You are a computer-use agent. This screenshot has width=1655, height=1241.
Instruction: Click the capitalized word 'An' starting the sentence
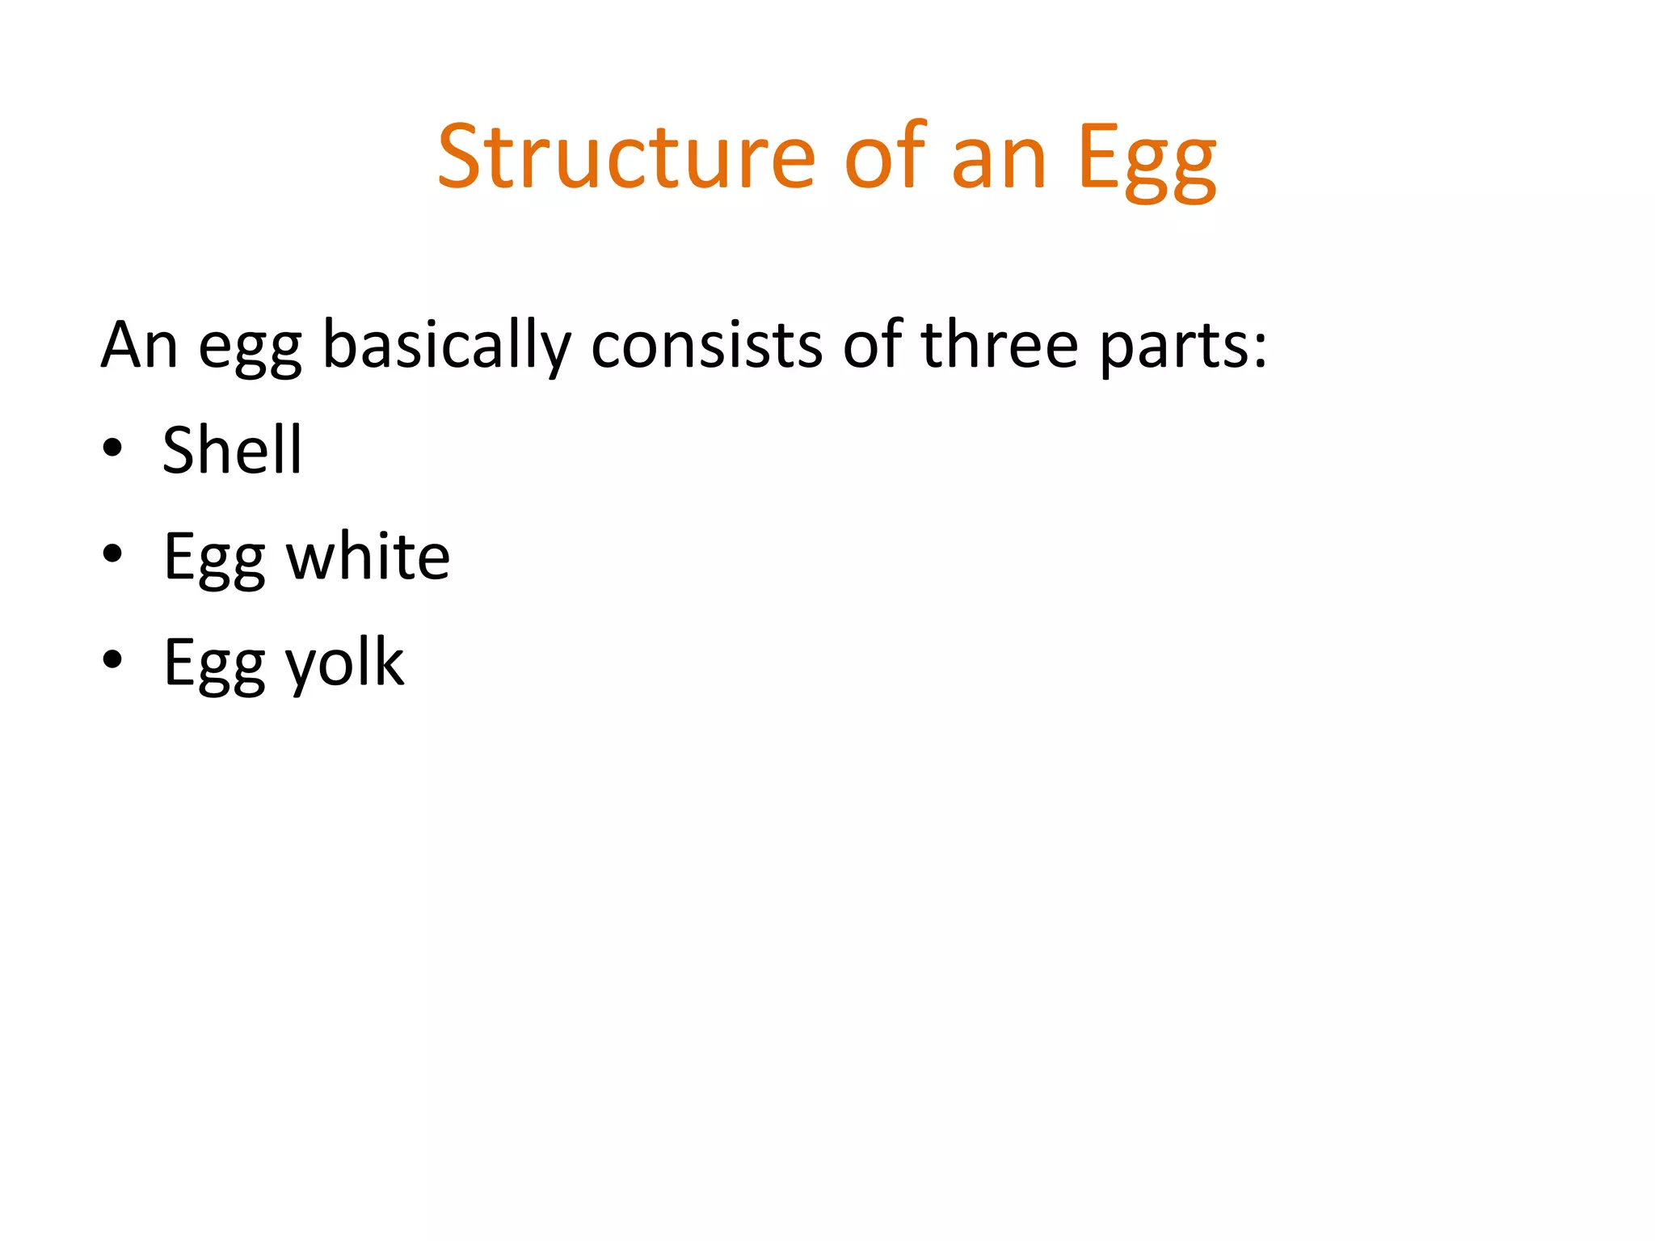(x=139, y=345)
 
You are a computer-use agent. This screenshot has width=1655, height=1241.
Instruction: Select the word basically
(x=447, y=347)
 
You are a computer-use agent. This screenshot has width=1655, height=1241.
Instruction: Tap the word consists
(x=705, y=345)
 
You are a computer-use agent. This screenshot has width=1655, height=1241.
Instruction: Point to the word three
(x=1000, y=345)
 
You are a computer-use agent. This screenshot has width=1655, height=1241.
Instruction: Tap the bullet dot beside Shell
(x=112, y=448)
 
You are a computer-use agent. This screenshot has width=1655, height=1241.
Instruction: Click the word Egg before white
(x=214, y=559)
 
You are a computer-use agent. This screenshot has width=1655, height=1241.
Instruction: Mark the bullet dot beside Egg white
(x=112, y=553)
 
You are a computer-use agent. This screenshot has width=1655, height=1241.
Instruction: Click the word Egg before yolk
(x=214, y=665)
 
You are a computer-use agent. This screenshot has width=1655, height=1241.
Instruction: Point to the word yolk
(x=345, y=664)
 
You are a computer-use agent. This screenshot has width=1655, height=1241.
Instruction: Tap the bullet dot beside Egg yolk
(x=112, y=659)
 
